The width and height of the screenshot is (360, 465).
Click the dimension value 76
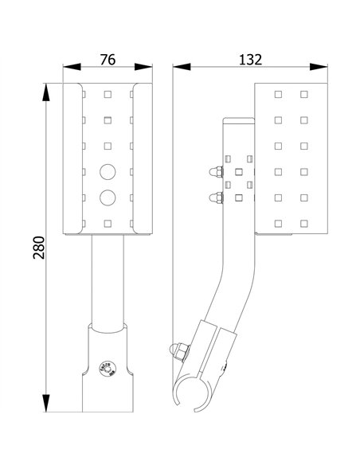[x=108, y=59]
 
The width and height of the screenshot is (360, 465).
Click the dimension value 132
[x=250, y=59]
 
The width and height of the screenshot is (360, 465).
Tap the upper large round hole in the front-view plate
[x=108, y=170]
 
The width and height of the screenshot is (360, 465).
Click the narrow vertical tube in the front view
[x=108, y=279]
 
